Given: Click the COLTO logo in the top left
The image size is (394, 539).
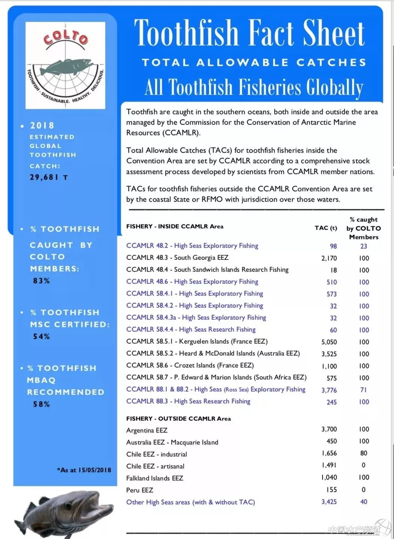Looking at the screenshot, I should coord(65,65).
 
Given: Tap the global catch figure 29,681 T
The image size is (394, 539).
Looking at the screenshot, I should coord(49,177).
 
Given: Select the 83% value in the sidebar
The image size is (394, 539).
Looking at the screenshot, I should coord(41,281).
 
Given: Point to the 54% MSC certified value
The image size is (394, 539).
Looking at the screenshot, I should coord(41,336).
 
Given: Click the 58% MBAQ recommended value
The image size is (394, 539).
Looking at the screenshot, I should coord(41,404).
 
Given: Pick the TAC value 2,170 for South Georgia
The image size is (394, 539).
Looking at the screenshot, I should coord(329,258).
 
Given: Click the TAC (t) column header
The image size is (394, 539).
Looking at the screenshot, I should coord(325,228).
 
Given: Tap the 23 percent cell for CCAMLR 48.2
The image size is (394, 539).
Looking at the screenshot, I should coord(364,246).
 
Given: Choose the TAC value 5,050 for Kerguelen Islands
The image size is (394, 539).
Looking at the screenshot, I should coord(329,342).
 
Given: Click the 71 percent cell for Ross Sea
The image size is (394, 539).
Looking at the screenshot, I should coord(364,390).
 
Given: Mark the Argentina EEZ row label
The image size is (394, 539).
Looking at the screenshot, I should coord(147,431).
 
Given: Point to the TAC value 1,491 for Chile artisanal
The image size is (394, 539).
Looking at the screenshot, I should coord(329,465).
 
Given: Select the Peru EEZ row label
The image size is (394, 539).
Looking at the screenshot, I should coord(140,490).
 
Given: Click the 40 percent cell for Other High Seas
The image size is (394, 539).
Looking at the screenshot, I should coord(364,502).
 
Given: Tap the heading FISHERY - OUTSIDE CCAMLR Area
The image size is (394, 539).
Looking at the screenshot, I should coord(178,419).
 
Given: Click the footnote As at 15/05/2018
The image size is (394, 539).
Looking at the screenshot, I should coord(84,470).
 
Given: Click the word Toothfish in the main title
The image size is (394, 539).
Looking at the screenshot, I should coord(186,33).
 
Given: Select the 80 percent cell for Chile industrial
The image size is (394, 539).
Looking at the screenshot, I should coord(364,453).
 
